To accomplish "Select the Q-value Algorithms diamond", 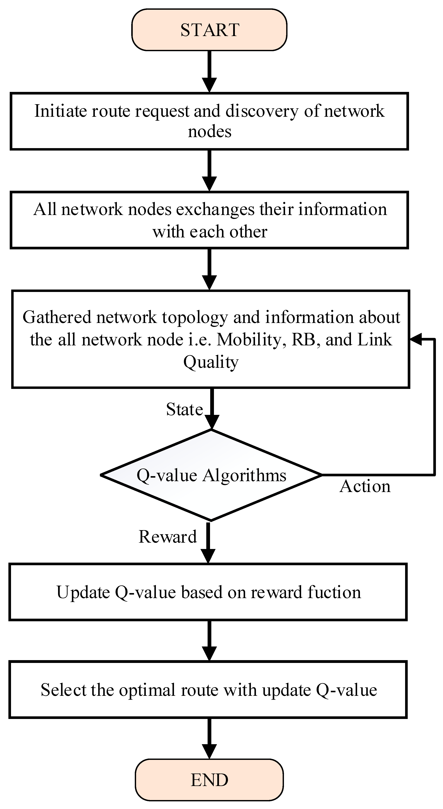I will tap(211, 475).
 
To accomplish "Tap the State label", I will tap(184, 409).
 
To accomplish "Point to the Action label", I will tap(365, 486).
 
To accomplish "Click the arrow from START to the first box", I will tap(209, 72).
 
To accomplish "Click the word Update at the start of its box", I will tap(83, 592).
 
